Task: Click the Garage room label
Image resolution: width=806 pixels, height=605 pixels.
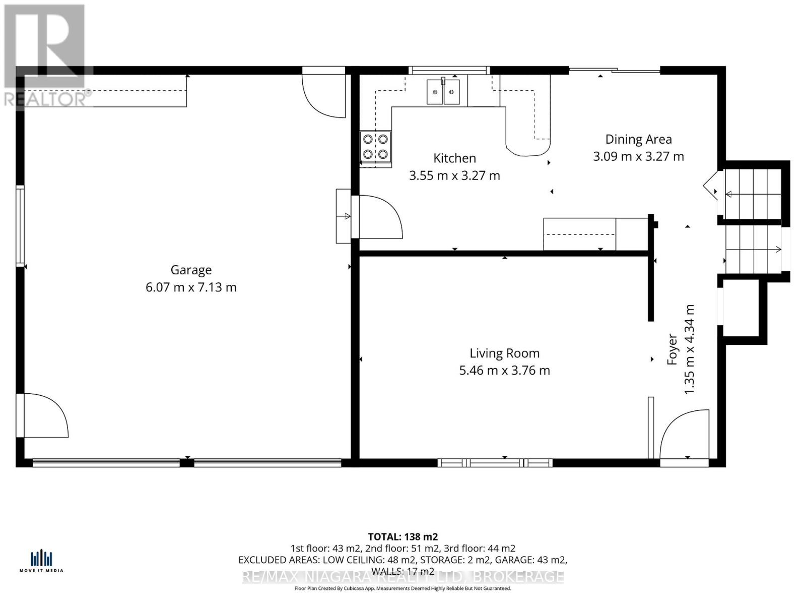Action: [x=191, y=270]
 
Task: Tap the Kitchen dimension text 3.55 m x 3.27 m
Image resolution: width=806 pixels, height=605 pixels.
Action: [x=454, y=175]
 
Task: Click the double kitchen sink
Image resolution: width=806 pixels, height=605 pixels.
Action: [x=443, y=92]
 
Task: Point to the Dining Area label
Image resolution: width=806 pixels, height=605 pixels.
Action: [x=638, y=139]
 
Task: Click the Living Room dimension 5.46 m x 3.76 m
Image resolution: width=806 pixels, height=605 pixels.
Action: [x=504, y=371]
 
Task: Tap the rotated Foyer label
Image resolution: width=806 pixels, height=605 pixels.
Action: [x=673, y=349]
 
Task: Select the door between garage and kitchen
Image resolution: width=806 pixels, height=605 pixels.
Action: [x=378, y=217]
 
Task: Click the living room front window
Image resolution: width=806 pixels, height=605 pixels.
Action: [x=495, y=462]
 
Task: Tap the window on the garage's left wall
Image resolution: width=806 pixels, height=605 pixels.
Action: [x=20, y=225]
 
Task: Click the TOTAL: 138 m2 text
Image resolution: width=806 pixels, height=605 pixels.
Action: [x=402, y=536]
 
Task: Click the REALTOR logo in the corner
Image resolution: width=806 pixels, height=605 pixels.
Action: [x=45, y=55]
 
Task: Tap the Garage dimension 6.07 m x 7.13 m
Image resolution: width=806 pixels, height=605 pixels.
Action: [x=191, y=287]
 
